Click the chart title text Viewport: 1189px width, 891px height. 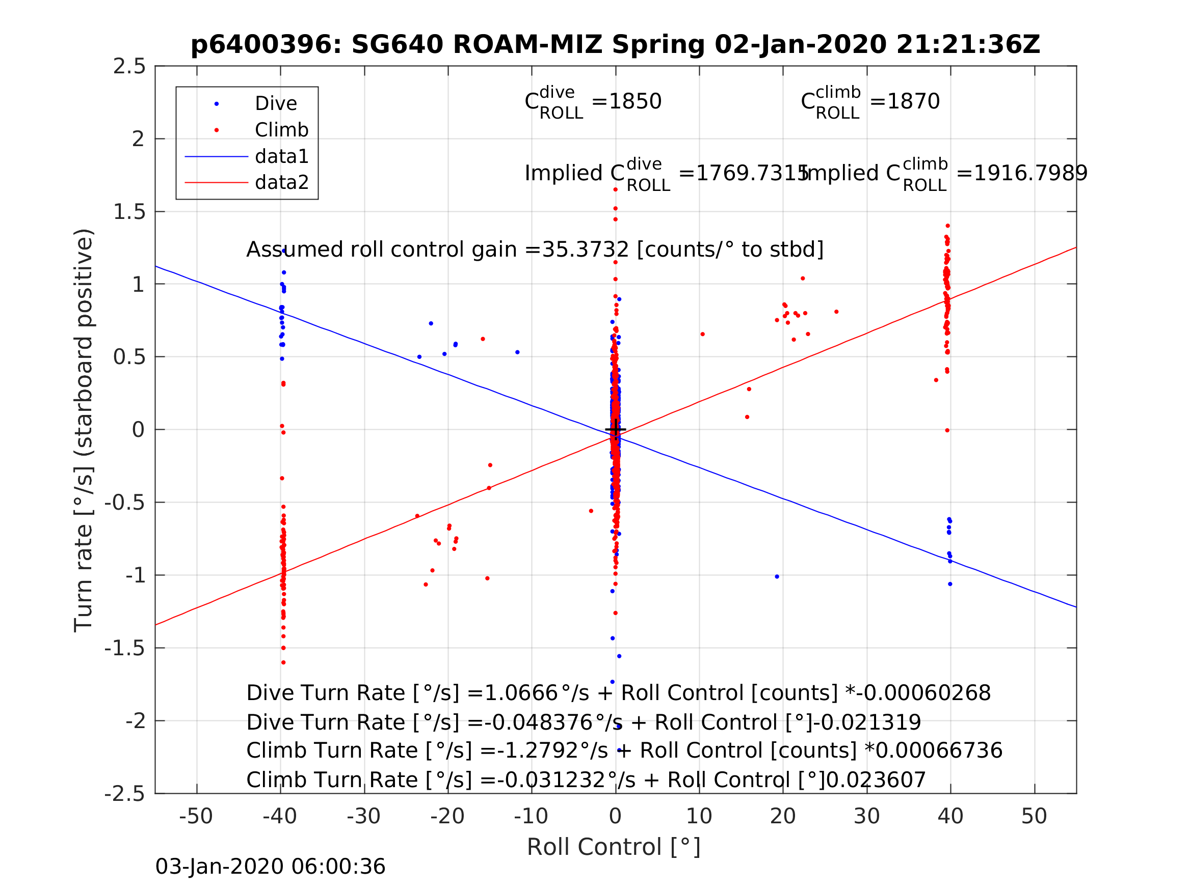pyautogui.click(x=615, y=45)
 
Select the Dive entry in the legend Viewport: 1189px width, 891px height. pyautogui.click(x=275, y=104)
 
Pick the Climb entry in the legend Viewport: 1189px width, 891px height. pyautogui.click(x=281, y=130)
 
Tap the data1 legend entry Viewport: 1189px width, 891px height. pyautogui.click(x=281, y=156)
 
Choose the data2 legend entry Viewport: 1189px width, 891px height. pyautogui.click(x=281, y=183)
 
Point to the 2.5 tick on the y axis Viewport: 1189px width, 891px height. pyautogui.click(x=129, y=67)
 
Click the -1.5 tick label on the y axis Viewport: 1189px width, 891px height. pyautogui.click(x=125, y=649)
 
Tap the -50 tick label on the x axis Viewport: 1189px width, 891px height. pyautogui.click(x=196, y=817)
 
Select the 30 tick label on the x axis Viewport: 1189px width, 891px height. pyautogui.click(x=866, y=817)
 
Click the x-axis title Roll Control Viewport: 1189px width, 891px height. pyautogui.click(x=613, y=848)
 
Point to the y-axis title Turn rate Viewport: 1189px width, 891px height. pyautogui.click(x=84, y=430)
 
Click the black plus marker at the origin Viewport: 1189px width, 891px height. pyautogui.click(x=616, y=430)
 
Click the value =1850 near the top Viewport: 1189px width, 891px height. pyautogui.click(x=626, y=101)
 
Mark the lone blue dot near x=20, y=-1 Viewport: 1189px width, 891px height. pyautogui.click(x=777, y=577)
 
